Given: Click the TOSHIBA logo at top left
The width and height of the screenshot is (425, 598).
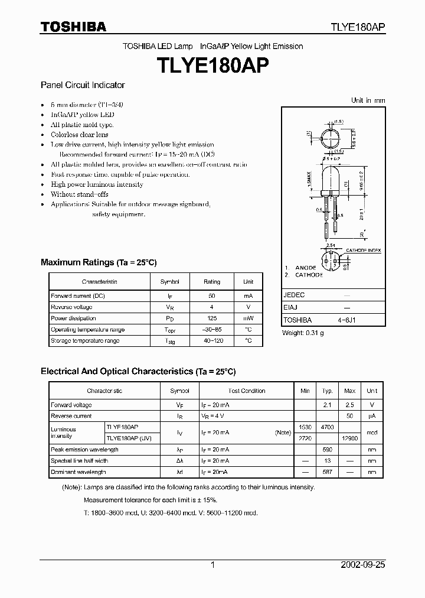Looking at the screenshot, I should point(73,27).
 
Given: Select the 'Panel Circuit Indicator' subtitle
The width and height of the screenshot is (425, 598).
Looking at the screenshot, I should point(83,85).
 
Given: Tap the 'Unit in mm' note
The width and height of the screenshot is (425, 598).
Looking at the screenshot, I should point(368,100).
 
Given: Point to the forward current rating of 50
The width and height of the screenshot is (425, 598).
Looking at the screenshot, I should point(212,295).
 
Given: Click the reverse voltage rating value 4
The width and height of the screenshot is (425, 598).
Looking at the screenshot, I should point(212,307).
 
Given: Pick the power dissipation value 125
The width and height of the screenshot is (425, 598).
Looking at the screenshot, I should point(212,318).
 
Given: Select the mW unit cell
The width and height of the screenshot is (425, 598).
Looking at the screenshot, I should point(248,318).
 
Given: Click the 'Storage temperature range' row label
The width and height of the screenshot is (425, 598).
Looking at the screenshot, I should point(85,341).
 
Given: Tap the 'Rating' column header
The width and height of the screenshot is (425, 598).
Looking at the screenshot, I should point(212,282).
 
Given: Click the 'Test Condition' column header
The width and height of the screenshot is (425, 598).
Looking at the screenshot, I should point(247,391).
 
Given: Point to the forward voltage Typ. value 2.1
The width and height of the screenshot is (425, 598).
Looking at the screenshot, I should point(327,405).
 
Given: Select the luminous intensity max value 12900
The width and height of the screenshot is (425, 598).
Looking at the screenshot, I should point(349,438).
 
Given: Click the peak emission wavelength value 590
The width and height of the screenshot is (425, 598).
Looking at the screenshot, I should point(327,450).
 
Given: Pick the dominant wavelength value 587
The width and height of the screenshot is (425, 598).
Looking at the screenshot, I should point(327,472).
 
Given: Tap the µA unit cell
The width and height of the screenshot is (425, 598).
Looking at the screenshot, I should point(372,417).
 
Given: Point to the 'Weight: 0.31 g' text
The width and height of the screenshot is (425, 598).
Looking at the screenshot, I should point(303,333).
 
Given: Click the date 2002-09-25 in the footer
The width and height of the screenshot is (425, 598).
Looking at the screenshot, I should point(362,565).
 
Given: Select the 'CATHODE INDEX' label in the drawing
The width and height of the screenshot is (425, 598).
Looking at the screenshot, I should point(363,251).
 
